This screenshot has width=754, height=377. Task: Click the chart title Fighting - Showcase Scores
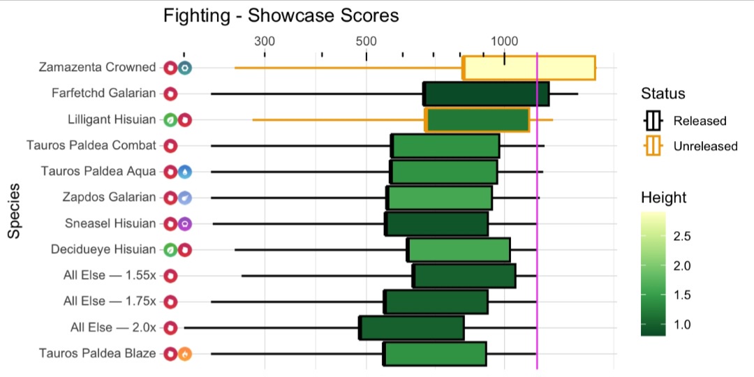point(281,15)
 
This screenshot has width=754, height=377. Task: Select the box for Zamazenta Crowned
point(528,68)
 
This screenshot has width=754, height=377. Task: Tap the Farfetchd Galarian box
point(486,94)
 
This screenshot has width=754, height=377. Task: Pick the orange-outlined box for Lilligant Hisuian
point(477,120)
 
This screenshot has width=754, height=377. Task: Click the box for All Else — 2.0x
point(412,327)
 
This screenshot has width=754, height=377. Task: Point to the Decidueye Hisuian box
point(459,249)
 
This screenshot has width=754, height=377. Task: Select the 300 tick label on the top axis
point(265,40)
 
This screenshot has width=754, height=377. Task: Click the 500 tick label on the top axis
point(367,40)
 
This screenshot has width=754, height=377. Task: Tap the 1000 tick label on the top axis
point(504,40)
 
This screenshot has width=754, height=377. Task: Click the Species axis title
point(14,212)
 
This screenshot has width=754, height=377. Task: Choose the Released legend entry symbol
point(653,121)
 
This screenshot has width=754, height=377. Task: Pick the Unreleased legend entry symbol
point(653,147)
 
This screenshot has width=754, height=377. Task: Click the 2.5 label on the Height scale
point(682,237)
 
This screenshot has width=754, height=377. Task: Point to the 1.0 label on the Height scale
point(682,324)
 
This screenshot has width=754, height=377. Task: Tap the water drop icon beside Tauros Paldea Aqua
point(184,172)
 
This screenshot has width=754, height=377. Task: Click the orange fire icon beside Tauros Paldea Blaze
point(184,353)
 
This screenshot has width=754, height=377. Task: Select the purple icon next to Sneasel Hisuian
point(184,224)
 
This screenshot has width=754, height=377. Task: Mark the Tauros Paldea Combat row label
point(91,145)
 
